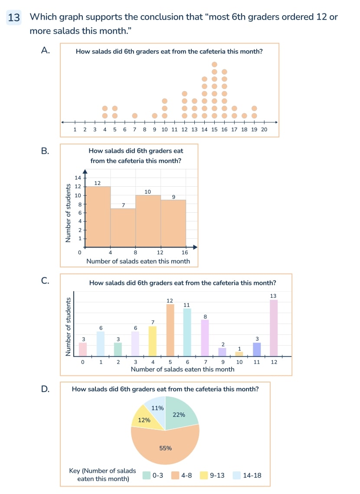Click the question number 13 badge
(14, 18)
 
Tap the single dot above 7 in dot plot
(135, 116)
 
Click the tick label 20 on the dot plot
(265, 129)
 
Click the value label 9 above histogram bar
(173, 197)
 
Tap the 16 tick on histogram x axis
(185, 252)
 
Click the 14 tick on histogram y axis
(78, 178)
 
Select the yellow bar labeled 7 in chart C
(153, 341)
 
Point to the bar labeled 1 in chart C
(239, 354)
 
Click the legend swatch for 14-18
(236, 475)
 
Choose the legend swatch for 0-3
(146, 475)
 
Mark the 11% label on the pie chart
(157, 408)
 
